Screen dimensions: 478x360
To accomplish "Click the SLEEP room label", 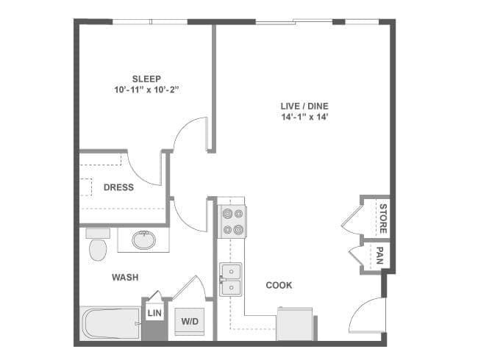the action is point(146,79).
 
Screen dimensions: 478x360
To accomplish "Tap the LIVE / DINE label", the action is point(304,106).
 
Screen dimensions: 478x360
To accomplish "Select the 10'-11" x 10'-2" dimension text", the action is point(146,90).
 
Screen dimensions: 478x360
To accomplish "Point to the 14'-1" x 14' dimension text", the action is point(304,117).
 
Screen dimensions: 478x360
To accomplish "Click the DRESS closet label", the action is point(118,187).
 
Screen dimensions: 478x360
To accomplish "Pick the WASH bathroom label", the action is point(125,277).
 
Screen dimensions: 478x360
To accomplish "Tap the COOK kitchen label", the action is point(279,285).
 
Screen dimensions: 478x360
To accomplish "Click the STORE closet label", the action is point(383,218).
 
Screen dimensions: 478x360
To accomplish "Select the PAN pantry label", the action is point(379,255).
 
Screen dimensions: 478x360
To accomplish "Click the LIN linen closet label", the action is point(154,313).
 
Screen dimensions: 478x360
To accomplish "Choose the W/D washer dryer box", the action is point(190,321).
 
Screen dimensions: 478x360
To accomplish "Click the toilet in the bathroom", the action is point(98,245).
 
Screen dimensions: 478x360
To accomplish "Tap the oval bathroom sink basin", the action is point(144,240).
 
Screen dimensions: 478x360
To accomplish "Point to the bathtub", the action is point(110,323).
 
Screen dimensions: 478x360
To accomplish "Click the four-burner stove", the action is point(232,221).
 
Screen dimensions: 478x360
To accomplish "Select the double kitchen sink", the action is point(231,280).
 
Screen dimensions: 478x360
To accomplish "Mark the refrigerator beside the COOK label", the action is point(295,324).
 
